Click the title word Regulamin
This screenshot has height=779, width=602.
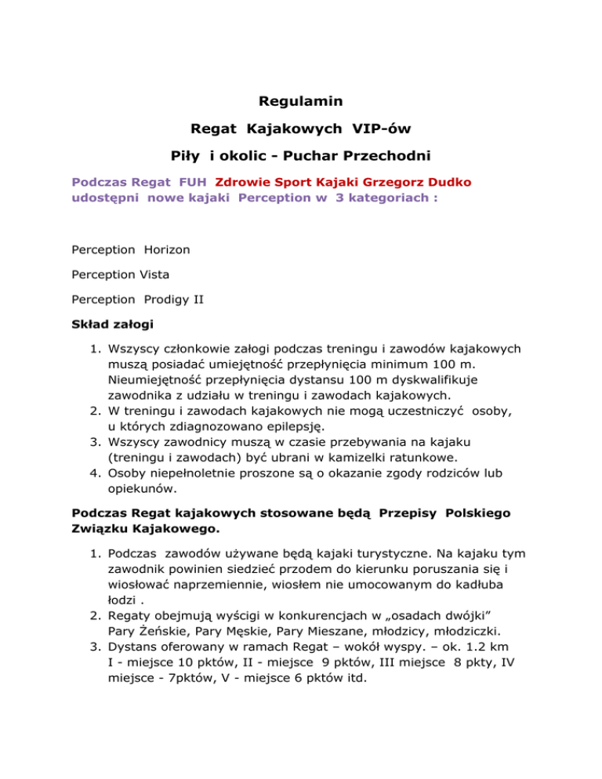coord(300,100)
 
